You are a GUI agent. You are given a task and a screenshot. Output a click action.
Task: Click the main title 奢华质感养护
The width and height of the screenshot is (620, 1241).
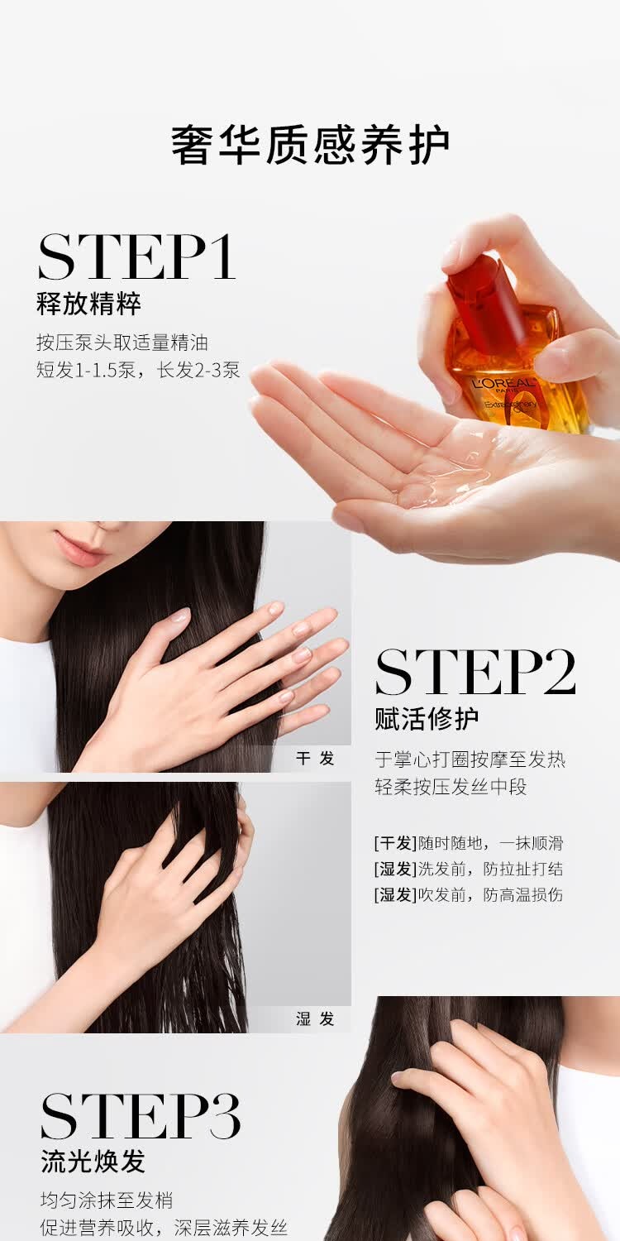coord(310,146)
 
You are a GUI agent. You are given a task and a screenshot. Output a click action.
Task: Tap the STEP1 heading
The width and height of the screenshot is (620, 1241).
coord(137,257)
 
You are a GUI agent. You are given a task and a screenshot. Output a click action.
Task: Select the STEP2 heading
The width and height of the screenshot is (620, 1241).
coord(475,673)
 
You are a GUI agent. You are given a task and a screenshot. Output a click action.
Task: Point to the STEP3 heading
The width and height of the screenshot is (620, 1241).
coord(141,1117)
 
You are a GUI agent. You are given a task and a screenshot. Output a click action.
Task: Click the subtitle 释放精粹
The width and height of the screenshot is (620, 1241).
coord(88,304)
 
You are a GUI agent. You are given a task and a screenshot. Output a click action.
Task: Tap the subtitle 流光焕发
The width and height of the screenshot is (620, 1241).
coord(93,1162)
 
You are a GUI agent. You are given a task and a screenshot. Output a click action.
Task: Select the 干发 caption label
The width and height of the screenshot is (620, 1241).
coord(315,758)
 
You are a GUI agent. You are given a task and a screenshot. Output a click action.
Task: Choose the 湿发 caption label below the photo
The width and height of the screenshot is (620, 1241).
coord(315,1018)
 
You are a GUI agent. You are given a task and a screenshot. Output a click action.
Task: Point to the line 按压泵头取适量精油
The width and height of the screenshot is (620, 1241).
coord(122,342)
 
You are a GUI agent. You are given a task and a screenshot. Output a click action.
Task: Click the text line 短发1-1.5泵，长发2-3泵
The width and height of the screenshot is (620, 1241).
coord(138,370)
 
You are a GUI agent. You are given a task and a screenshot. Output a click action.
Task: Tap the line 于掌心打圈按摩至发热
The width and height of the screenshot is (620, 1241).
coord(470,759)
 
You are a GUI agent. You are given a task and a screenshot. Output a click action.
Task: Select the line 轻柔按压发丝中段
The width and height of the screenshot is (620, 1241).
coord(451,787)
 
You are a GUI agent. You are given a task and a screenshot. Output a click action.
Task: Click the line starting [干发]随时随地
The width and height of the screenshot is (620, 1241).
coord(468,843)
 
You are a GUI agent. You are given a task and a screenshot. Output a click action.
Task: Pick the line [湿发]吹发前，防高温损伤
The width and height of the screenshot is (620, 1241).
coord(468,894)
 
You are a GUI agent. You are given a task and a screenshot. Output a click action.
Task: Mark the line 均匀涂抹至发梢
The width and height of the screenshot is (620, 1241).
coord(107,1200)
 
